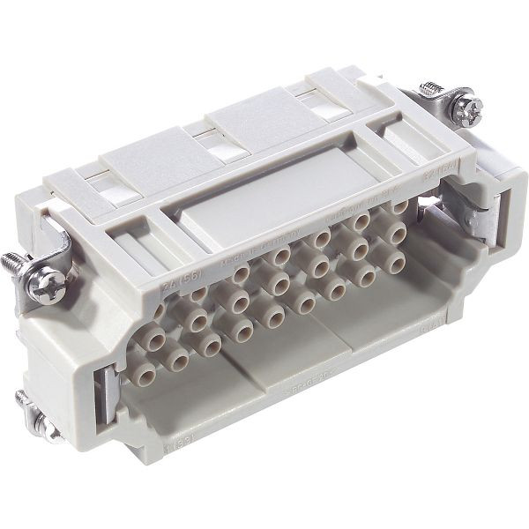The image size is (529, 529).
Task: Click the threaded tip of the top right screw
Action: tap(429, 88)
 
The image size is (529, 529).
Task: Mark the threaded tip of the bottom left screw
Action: tap(22, 399)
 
